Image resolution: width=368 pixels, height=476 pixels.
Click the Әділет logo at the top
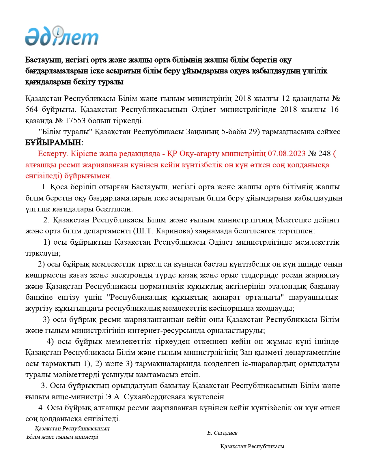62,36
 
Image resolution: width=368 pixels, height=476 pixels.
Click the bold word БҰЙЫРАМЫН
54,143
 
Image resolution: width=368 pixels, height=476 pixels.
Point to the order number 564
31,110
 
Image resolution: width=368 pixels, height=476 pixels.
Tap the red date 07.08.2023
287,154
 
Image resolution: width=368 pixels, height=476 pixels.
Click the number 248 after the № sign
324,154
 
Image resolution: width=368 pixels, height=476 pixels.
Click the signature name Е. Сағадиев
222,433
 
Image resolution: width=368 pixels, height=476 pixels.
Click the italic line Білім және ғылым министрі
62,437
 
